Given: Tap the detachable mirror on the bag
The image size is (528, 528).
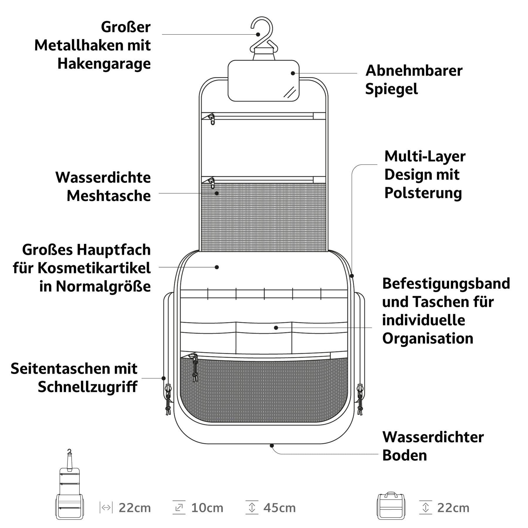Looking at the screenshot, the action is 263,81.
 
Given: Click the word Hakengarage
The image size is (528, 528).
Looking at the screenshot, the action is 104,64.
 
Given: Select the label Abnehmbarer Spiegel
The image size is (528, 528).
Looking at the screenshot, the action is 414,79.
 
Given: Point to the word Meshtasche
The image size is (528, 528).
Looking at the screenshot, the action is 109,196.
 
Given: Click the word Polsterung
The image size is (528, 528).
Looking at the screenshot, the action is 423,193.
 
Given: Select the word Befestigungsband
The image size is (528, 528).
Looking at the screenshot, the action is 446,284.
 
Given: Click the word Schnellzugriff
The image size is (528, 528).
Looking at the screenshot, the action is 87,387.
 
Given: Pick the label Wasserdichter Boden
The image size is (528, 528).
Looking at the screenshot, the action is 433,446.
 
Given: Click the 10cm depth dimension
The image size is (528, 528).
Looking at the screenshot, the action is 207,508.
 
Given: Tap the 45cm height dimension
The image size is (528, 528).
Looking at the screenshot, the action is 280,508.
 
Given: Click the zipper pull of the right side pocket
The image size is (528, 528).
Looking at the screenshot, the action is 360,399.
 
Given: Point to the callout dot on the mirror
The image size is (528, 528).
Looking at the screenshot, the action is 293,73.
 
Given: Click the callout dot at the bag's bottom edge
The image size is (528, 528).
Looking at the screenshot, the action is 272,446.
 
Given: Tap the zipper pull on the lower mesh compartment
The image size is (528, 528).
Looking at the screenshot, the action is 195,368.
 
